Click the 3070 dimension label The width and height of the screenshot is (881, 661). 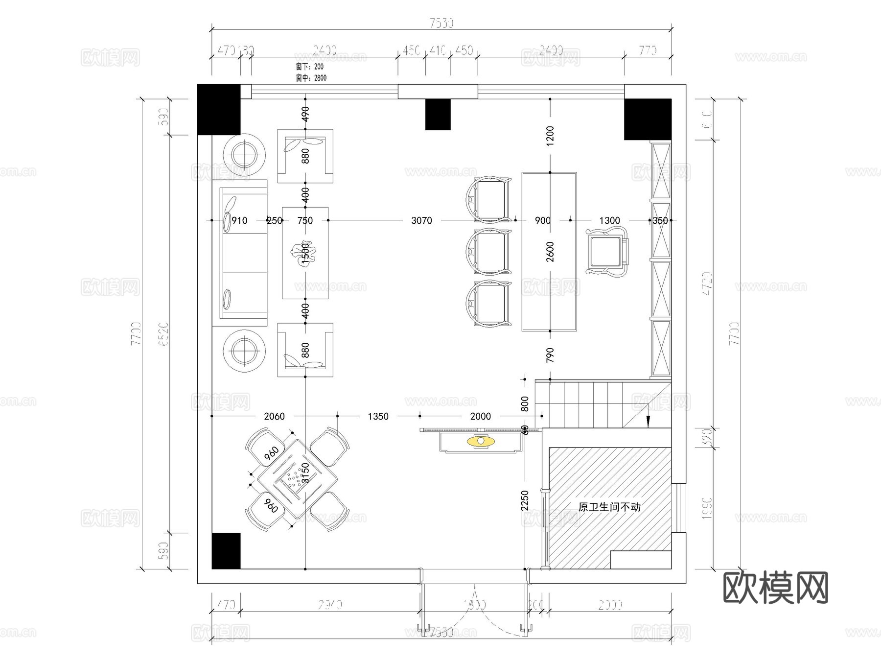tap(421, 221)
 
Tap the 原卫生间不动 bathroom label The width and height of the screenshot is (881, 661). tap(609, 507)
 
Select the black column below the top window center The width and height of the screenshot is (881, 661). tap(438, 115)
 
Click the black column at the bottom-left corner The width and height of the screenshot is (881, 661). tap(226, 551)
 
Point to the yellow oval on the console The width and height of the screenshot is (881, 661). tap(481, 442)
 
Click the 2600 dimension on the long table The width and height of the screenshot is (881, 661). tap(550, 252)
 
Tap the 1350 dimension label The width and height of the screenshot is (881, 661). tap(378, 417)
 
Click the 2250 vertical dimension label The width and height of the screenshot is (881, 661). tap(525, 501)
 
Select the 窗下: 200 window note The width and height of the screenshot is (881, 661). tap(310, 67)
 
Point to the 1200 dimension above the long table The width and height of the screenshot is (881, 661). tap(550, 136)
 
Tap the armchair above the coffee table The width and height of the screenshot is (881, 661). tap(305, 156)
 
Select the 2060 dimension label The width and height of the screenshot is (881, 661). tap(274, 417)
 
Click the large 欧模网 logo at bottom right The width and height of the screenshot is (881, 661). tap(775, 588)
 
